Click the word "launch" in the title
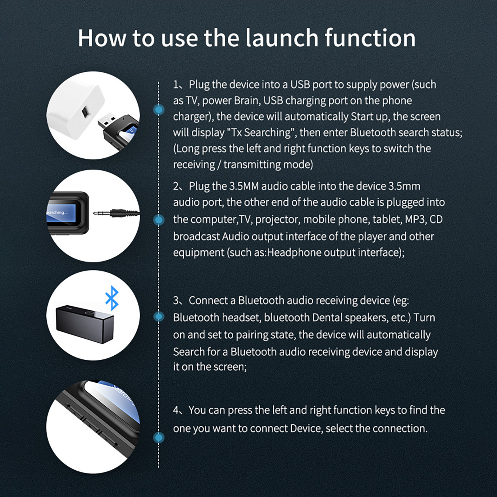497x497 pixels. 282,38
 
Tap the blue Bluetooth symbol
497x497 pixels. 112,298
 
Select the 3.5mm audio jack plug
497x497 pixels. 116,213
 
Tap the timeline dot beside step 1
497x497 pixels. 159,109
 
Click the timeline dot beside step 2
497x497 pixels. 159,220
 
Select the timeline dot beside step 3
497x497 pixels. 159,317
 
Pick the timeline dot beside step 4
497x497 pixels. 159,438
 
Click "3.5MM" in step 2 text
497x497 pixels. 244,186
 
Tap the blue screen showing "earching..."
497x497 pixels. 61,213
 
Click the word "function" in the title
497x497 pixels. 370,38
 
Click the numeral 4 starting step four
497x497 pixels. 176,410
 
